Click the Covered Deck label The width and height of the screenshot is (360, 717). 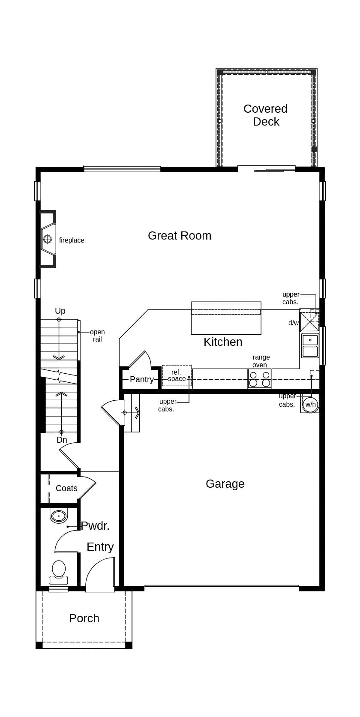pyautogui.click(x=265, y=115)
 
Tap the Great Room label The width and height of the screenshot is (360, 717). pyautogui.click(x=180, y=236)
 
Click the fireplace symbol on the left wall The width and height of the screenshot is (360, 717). pyautogui.click(x=48, y=239)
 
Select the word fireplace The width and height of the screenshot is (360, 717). pyautogui.click(x=72, y=240)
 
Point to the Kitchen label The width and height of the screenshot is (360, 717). pyautogui.click(x=223, y=342)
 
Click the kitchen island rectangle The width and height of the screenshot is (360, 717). pyautogui.click(x=226, y=318)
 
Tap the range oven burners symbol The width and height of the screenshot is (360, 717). pyautogui.click(x=260, y=379)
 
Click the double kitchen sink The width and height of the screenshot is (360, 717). pyautogui.click(x=310, y=346)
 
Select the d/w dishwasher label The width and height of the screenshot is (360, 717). pyautogui.click(x=294, y=323)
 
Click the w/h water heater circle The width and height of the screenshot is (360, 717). pyautogui.click(x=310, y=404)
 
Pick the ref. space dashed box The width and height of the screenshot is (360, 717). pyautogui.click(x=177, y=375)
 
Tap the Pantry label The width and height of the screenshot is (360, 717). pyautogui.click(x=141, y=380)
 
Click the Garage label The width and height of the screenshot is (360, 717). pyautogui.click(x=225, y=484)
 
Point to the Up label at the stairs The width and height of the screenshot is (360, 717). pyautogui.click(x=60, y=311)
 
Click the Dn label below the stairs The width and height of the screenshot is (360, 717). pyautogui.click(x=62, y=440)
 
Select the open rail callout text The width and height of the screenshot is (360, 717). pyautogui.click(x=97, y=336)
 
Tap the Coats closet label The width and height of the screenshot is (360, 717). pyautogui.click(x=66, y=489)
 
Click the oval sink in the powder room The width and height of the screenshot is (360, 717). pyautogui.click(x=59, y=516)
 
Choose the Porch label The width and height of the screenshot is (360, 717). pyautogui.click(x=84, y=618)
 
